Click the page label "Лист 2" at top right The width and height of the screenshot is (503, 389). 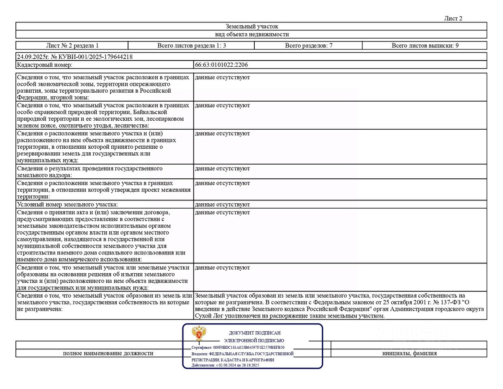coord(453,18)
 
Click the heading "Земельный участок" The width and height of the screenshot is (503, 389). coord(252,26)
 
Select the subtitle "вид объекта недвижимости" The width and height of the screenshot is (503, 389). coord(252,35)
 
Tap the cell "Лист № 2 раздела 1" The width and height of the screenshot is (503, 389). coord(72,46)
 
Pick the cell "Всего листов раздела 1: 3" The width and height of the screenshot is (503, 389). coord(191,46)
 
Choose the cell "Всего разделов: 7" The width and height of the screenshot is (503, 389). coord(308,46)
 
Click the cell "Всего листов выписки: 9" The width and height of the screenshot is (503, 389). coord(425,46)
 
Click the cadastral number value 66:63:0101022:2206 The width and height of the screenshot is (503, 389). coord(221,65)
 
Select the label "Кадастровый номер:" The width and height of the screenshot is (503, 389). coord(45,65)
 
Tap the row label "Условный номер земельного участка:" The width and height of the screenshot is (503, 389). coord(67,204)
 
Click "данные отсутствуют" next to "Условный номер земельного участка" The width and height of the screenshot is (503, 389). coord(222,204)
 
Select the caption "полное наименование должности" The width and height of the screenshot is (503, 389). coord(108,353)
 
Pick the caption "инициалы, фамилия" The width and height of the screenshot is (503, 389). coord(409,353)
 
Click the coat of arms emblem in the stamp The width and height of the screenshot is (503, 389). coord(199,334)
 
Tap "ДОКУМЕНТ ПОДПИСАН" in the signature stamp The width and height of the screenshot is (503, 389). coord(255,333)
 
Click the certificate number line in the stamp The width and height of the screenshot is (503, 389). coord(238,348)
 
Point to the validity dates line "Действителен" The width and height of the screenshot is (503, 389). coord(225,365)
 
